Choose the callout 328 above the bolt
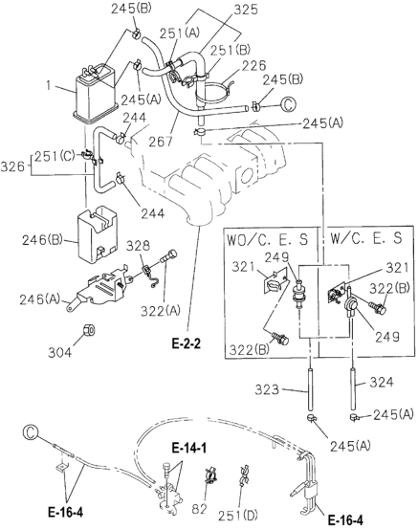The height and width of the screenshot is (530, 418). click(139, 245)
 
